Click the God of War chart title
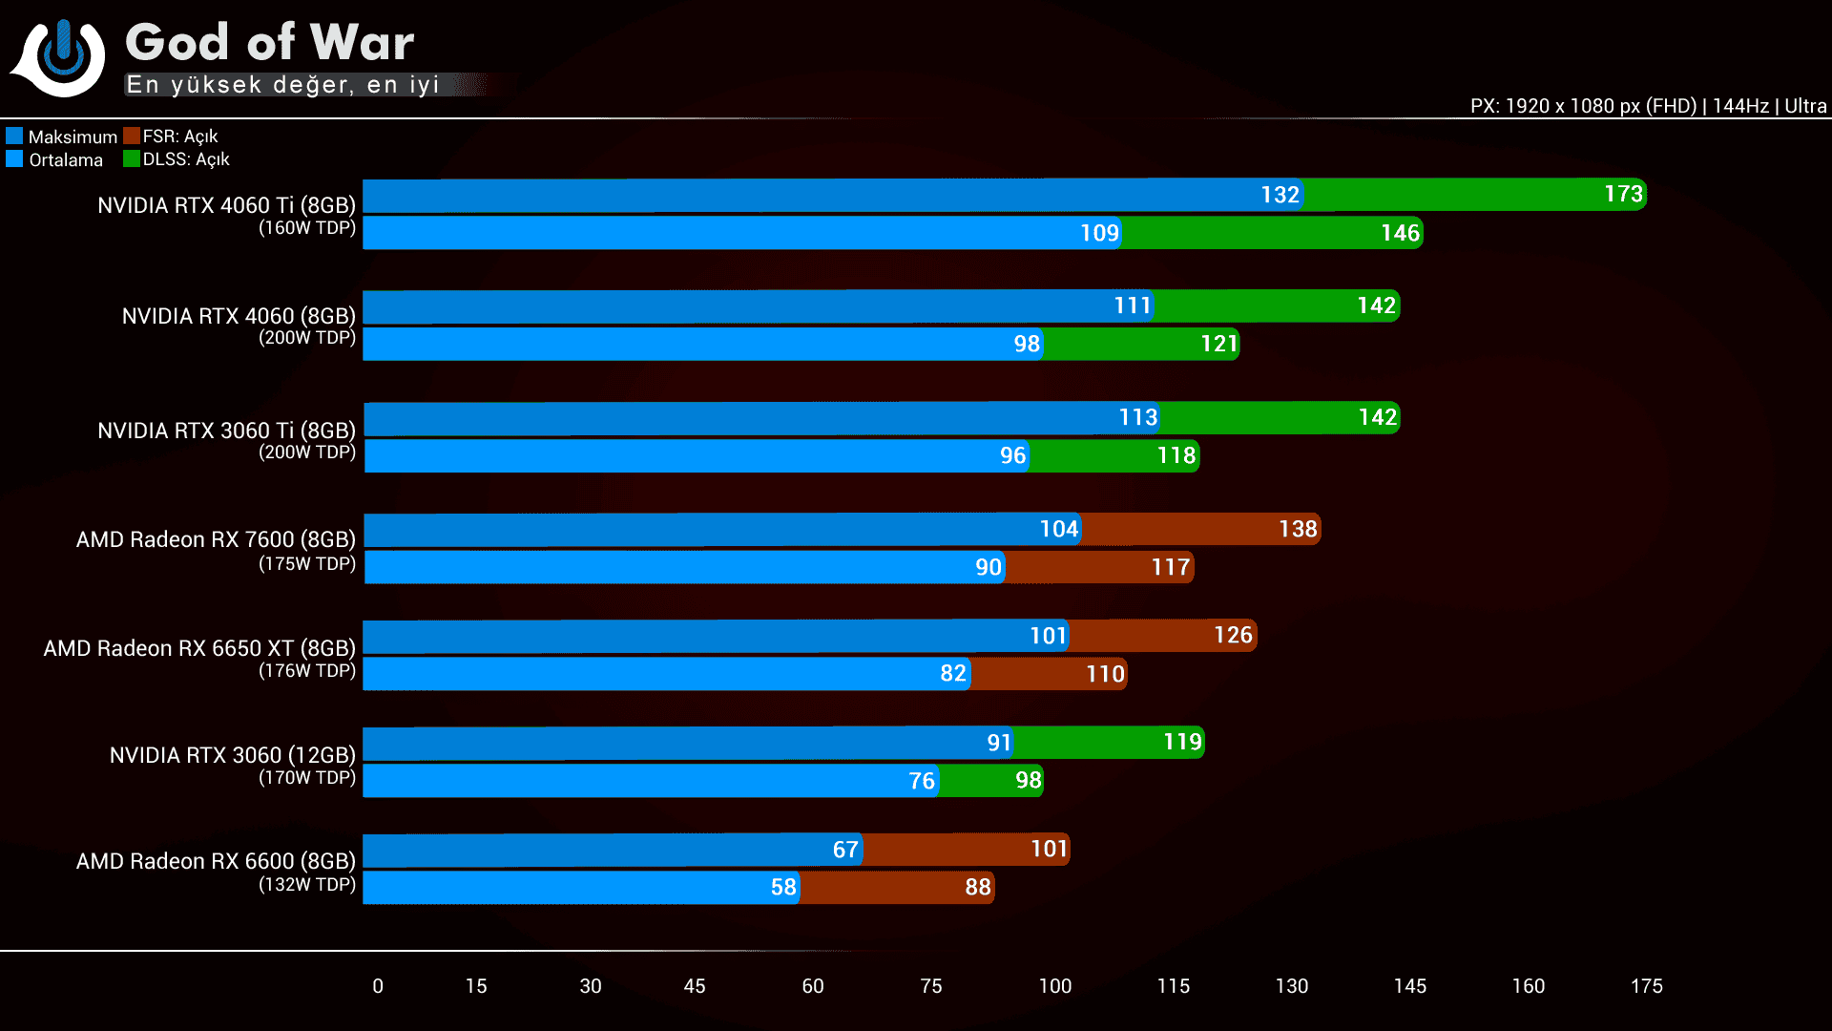pos(270,43)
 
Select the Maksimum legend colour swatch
pos(14,136)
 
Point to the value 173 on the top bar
pos(1623,195)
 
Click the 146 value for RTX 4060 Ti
pos(1400,233)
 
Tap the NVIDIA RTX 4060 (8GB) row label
pos(239,316)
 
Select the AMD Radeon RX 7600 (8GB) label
pos(216,539)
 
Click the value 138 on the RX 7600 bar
pos(1298,529)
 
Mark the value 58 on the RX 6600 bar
pos(783,888)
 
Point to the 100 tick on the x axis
pos(1055,986)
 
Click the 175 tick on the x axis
pos(1646,986)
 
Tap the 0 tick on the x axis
pos(378,986)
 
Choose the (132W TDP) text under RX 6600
pos(307,885)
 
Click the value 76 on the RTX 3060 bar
pos(922,781)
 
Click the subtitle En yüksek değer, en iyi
pos(282,85)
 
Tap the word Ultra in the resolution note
pos(1805,106)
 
